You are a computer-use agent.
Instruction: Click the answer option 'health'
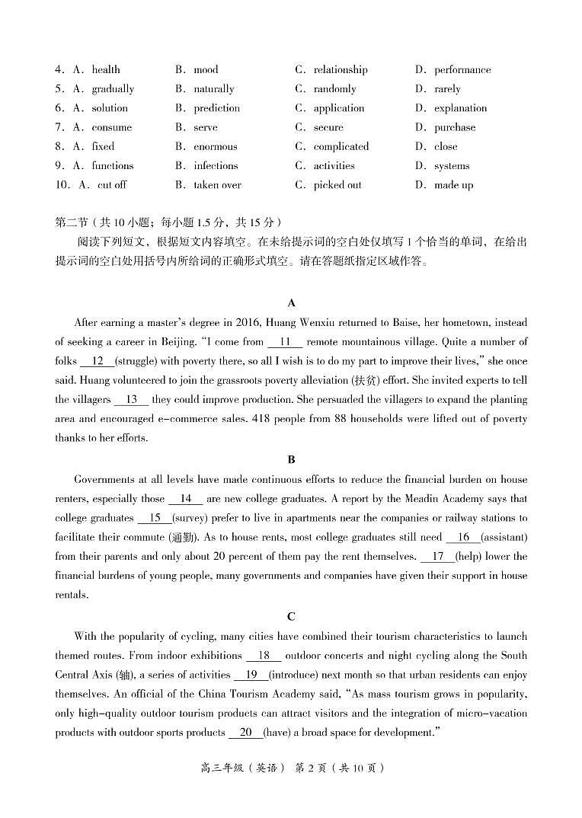pyautogui.click(x=106, y=69)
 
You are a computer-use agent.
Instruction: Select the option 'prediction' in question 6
pyautogui.click(x=216, y=108)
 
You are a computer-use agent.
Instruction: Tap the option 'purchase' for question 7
pyautogui.click(x=455, y=127)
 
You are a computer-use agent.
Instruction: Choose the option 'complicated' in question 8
pyautogui.click(x=341, y=146)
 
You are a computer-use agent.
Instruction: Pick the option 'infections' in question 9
pyautogui.click(x=216, y=165)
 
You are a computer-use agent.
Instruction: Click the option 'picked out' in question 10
pyautogui.click(x=337, y=184)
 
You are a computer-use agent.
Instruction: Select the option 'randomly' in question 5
pyautogui.click(x=334, y=88)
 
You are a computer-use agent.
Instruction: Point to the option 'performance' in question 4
pyautogui.click(x=462, y=69)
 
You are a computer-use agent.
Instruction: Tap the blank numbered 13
pyautogui.click(x=131, y=399)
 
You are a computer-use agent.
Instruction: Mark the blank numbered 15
pyautogui.click(x=155, y=518)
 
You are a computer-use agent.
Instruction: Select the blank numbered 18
pyautogui.click(x=264, y=655)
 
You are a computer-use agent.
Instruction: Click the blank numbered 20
pyautogui.click(x=245, y=732)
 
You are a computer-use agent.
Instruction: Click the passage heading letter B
pyautogui.click(x=291, y=459)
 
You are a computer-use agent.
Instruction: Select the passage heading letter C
pyautogui.click(x=291, y=616)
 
